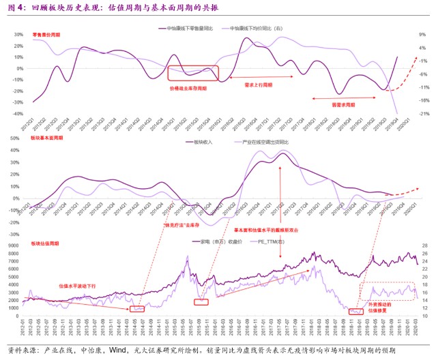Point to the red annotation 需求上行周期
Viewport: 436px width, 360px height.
pyautogui.click(x=258, y=85)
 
